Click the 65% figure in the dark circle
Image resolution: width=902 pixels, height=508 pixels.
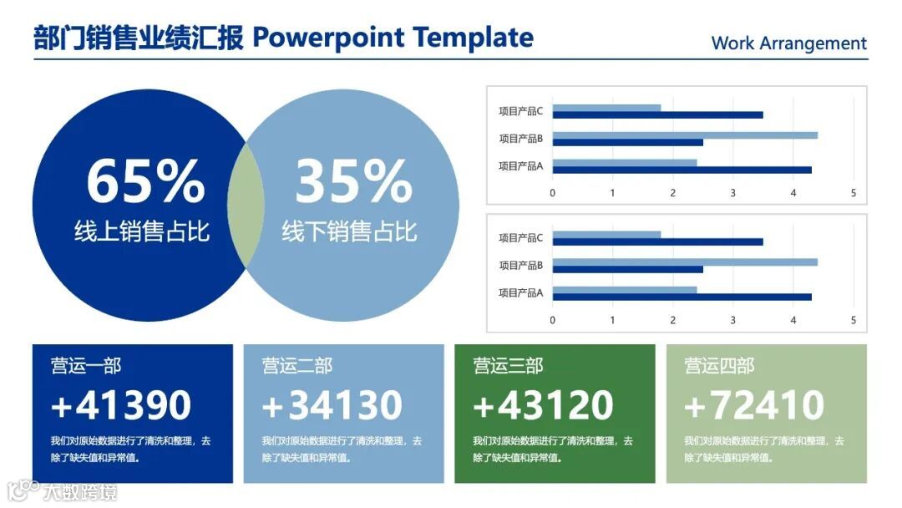(145, 180)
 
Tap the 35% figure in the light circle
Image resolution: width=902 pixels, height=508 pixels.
(354, 180)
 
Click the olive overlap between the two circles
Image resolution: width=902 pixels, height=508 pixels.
(246, 206)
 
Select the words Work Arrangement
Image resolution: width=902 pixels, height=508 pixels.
(788, 43)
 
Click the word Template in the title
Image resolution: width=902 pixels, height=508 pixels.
(473, 38)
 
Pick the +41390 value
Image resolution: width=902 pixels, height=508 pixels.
(121, 404)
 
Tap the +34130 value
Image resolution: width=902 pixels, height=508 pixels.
(332, 404)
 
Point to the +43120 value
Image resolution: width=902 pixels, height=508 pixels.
(543, 404)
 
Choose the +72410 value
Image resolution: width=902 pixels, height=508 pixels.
(754, 404)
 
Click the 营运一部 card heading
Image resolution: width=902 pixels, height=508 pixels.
(86, 366)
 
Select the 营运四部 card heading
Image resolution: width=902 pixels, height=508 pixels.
(719, 366)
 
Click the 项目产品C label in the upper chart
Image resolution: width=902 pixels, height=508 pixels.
(520, 111)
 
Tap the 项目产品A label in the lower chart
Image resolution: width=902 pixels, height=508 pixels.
(520, 292)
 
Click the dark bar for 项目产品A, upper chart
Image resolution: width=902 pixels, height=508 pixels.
(682, 170)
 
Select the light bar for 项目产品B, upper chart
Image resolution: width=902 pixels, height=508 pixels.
(685, 135)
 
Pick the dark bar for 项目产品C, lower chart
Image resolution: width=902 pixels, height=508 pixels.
(658, 241)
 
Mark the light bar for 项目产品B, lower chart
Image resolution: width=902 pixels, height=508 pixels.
(685, 262)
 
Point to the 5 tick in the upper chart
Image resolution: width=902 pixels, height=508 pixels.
(854, 193)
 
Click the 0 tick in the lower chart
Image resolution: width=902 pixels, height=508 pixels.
(553, 321)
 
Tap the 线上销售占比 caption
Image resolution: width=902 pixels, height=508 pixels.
(142, 231)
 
